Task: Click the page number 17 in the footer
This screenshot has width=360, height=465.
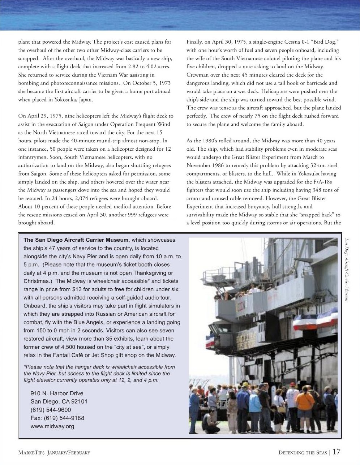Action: [x=336, y=452]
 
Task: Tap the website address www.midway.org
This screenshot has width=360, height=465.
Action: [x=52, y=426]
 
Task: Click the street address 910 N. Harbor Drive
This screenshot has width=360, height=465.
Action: [x=57, y=393]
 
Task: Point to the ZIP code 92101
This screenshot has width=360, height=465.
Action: [x=79, y=402]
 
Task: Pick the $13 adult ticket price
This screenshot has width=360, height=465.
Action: [x=90, y=289]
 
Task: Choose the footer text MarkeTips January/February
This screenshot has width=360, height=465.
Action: [x=54, y=453]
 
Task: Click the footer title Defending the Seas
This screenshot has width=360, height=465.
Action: [x=303, y=453]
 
